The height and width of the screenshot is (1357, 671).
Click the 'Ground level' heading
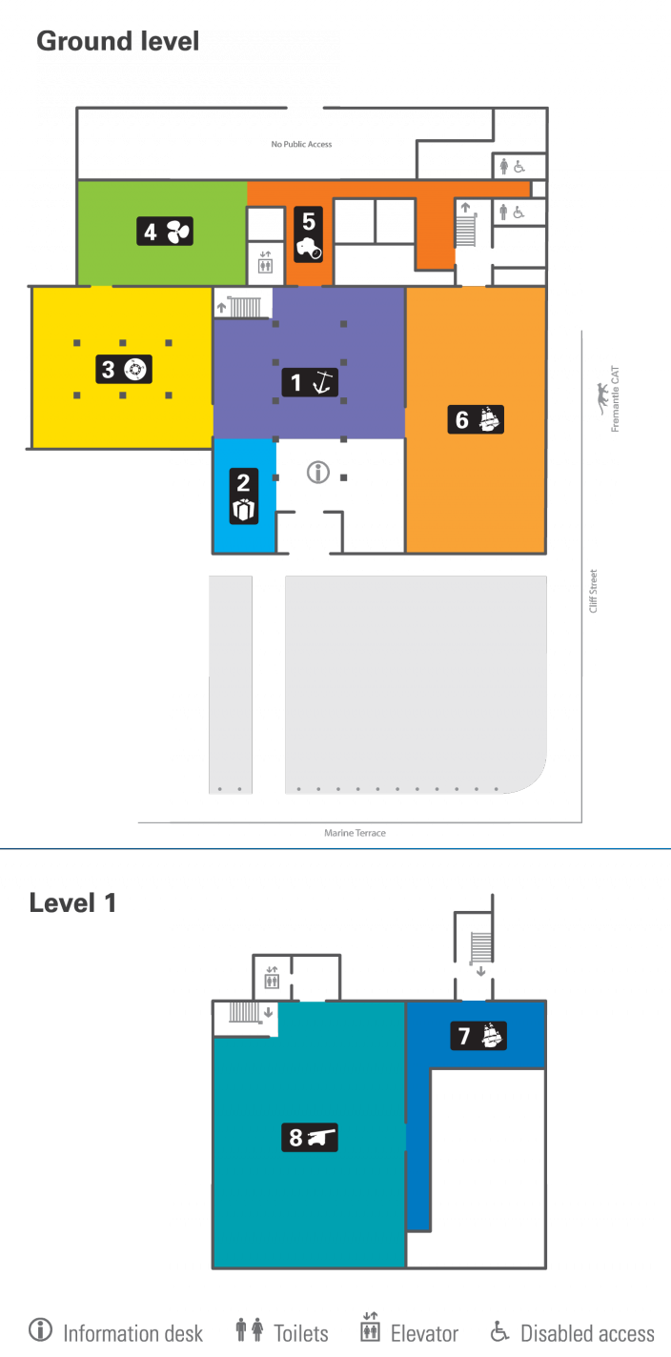click(117, 41)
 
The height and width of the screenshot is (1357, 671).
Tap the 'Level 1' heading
click(72, 902)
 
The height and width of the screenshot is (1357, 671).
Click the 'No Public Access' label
click(301, 144)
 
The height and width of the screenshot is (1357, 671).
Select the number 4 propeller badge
click(165, 232)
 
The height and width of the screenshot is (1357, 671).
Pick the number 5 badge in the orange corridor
click(309, 234)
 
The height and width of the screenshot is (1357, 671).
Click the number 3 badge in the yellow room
click(124, 369)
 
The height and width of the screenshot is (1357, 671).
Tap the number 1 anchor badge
click(310, 382)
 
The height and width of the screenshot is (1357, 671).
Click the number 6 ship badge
click(476, 419)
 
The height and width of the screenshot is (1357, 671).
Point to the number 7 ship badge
click(478, 1035)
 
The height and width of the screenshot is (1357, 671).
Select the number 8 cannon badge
click(310, 1137)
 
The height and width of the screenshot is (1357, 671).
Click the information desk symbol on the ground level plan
click(318, 472)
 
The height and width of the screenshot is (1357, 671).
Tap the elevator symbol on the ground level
click(266, 262)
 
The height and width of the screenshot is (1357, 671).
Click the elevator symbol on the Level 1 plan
click(273, 977)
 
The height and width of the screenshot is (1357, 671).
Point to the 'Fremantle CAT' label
click(610, 398)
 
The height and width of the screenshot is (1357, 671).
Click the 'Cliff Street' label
click(594, 591)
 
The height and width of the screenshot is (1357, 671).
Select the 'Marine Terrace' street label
click(355, 833)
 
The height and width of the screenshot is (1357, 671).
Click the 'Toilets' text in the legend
click(300, 1333)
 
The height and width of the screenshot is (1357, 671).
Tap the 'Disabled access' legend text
click(587, 1333)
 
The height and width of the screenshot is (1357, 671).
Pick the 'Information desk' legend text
click(132, 1333)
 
